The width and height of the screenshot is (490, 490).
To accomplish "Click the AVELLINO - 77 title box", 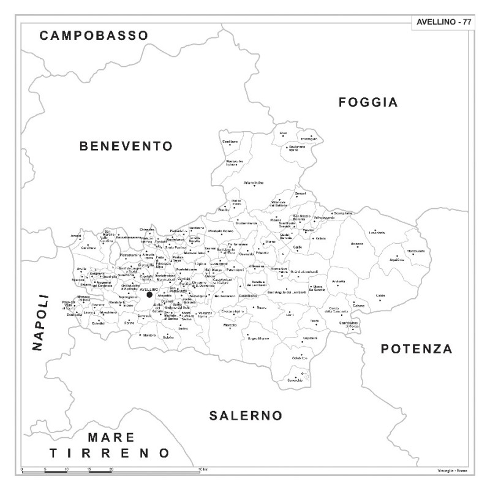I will pyautogui.click(x=443, y=21).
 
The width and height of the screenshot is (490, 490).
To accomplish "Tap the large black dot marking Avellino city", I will pyautogui.click(x=149, y=295).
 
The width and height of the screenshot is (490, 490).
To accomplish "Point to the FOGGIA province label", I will pyautogui.click(x=368, y=102).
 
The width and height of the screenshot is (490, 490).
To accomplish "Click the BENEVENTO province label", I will pyautogui.click(x=126, y=146).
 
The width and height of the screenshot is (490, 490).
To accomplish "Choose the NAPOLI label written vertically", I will pyautogui.click(x=40, y=323).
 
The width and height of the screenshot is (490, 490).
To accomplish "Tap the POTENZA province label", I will pyautogui.click(x=417, y=349).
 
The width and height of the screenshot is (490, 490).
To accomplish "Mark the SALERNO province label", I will pyautogui.click(x=246, y=416).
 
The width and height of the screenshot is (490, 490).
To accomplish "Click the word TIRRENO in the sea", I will pyautogui.click(x=110, y=453).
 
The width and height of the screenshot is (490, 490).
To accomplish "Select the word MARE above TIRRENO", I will pyautogui.click(x=110, y=437).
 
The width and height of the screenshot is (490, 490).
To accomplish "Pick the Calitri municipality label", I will pyautogui.click(x=380, y=296).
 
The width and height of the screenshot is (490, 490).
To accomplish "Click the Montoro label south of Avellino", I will pyautogui.click(x=148, y=335).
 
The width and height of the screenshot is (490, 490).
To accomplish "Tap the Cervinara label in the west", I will pyautogui.click(x=89, y=247).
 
